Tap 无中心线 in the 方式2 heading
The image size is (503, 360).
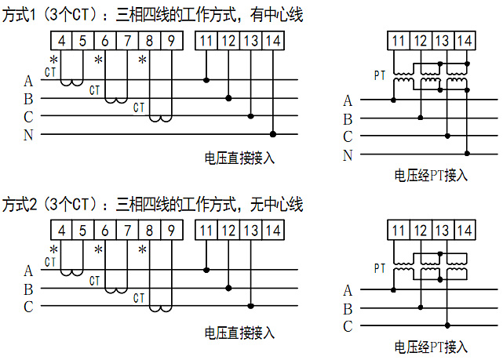pyautogui.click(x=276, y=204)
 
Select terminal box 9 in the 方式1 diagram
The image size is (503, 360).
pyautogui.click(x=172, y=41)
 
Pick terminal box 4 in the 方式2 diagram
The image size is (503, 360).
pyautogui.click(x=61, y=230)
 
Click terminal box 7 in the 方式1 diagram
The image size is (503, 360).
pyautogui.click(x=127, y=41)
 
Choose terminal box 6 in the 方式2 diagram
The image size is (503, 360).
pyautogui.click(x=105, y=230)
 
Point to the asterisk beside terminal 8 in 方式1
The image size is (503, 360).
pyautogui.click(x=143, y=60)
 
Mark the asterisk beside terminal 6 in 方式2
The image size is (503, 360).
pyautogui.click(x=99, y=249)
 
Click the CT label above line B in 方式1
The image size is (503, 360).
pyautogui.click(x=95, y=90)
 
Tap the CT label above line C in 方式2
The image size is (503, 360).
pyautogui.click(x=139, y=298)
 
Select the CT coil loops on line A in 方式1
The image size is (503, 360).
pyautogui.click(x=72, y=82)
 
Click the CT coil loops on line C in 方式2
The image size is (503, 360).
pyautogui.click(x=160, y=309)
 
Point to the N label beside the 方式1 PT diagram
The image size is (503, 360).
pyautogui.click(x=348, y=155)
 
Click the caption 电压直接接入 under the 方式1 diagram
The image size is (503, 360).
pyautogui.click(x=239, y=158)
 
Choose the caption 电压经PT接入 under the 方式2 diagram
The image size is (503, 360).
pyautogui.click(x=431, y=347)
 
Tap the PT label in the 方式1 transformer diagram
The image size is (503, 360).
pyautogui.click(x=380, y=75)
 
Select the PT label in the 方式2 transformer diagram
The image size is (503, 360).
pyautogui.click(x=380, y=268)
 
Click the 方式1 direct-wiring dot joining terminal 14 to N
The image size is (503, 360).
pyautogui.click(x=273, y=134)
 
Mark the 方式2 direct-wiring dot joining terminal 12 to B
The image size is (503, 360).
pyautogui.click(x=228, y=288)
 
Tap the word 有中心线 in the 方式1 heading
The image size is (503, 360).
pyautogui.click(x=276, y=15)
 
